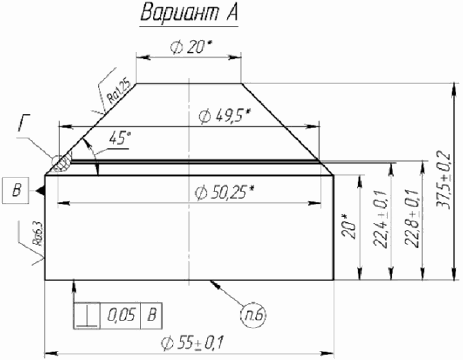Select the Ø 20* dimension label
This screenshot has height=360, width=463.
191,47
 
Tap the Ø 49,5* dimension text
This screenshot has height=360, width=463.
224,116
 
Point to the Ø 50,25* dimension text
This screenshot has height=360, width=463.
225,193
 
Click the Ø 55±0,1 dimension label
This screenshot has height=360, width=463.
192,343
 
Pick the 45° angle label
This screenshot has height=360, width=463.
120,139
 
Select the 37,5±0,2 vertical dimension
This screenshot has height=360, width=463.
444,180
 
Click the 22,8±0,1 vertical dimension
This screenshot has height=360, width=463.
412,218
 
